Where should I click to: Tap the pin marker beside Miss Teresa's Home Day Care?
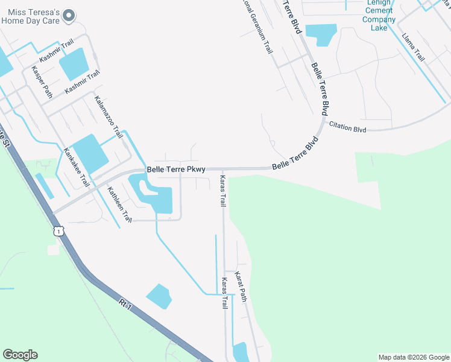69,15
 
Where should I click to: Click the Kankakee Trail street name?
77,167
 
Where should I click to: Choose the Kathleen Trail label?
119,206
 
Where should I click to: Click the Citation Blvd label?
347,127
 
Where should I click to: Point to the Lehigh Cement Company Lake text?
379,15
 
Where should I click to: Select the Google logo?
20,355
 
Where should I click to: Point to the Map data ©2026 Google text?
414,357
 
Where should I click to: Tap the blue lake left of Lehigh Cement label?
321,34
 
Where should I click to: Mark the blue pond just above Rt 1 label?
159,296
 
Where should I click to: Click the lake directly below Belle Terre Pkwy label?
154,194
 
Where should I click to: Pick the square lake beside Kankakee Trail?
90,153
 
